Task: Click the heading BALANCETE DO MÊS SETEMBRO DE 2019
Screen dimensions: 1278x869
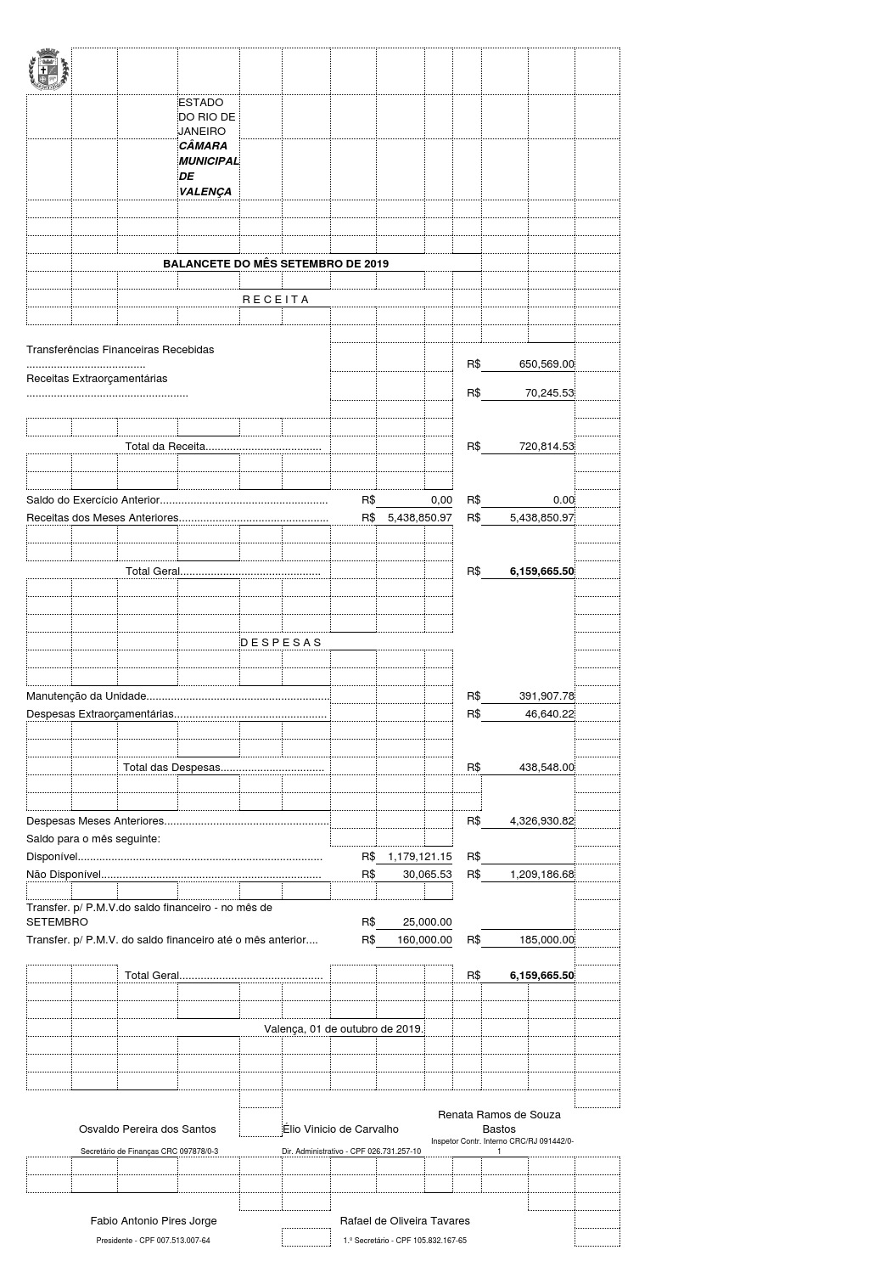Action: [x=276, y=264]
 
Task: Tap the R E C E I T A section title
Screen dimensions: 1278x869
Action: [x=275, y=300]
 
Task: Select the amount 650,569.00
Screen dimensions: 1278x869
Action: [x=547, y=364]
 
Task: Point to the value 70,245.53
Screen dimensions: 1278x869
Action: [x=549, y=393]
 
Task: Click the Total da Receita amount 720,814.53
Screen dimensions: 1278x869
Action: [x=547, y=447]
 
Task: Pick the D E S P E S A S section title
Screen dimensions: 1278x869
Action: [x=281, y=643]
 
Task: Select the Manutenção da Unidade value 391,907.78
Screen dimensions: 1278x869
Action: [x=547, y=696]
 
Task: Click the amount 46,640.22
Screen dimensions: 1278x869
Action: [x=549, y=714]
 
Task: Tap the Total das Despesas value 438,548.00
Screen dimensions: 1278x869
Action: [x=547, y=768]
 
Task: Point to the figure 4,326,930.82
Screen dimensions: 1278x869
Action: [x=541, y=821]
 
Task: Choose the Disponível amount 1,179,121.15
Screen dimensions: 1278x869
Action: [x=419, y=857]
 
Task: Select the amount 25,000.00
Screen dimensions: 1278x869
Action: [x=427, y=922]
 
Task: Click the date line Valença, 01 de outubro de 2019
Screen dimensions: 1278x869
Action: [x=344, y=1029]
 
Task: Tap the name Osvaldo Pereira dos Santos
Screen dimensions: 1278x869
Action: [x=147, y=1129]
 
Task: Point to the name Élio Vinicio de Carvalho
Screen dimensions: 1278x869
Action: [x=340, y=1129]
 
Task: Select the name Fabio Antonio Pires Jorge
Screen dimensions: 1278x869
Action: [x=154, y=1221]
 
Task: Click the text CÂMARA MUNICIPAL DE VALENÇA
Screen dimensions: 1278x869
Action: [x=208, y=169]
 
